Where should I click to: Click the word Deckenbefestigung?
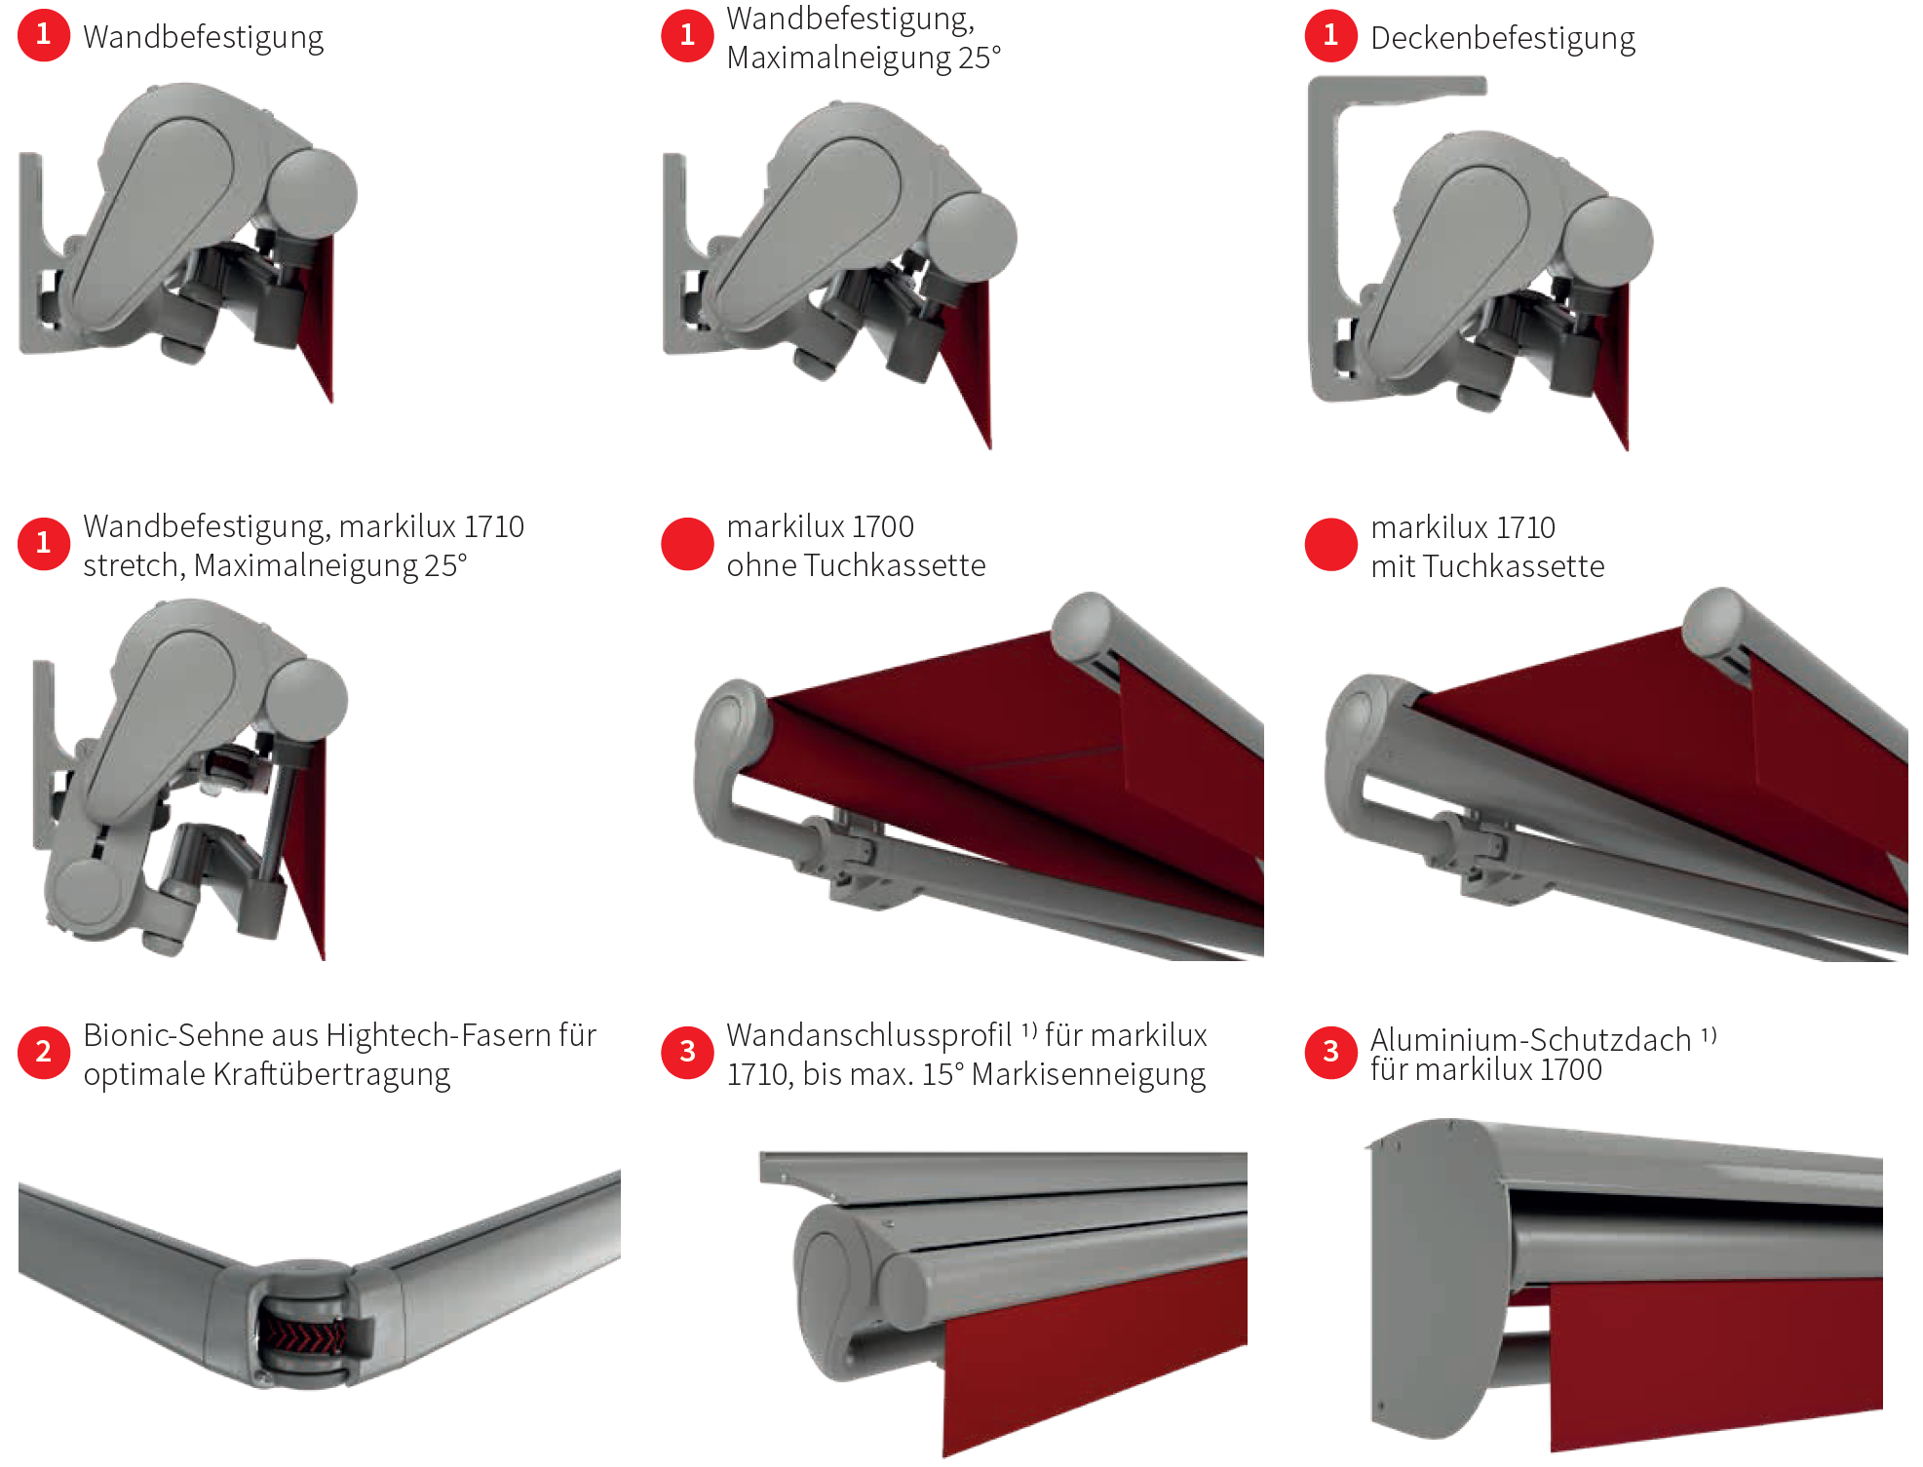pyautogui.click(x=1502, y=39)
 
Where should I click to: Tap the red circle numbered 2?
pyautogui.click(x=44, y=1052)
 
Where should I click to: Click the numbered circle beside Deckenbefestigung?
pyautogui.click(x=1331, y=35)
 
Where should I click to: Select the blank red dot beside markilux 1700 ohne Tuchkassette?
pyautogui.click(x=688, y=543)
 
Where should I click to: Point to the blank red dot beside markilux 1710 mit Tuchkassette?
pyautogui.click(x=1331, y=544)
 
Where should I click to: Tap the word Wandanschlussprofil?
pyautogui.click(x=869, y=1034)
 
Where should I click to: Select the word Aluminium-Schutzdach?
pyautogui.click(x=1530, y=1039)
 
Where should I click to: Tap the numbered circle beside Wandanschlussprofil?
pyautogui.click(x=688, y=1052)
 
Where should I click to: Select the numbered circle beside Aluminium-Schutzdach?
pyautogui.click(x=1331, y=1052)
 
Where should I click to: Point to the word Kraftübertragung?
pyautogui.click(x=331, y=1074)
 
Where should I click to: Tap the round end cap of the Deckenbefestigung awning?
pyautogui.click(x=1608, y=242)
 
